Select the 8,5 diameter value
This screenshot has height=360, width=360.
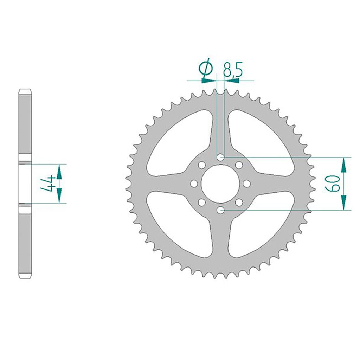[x=232, y=70]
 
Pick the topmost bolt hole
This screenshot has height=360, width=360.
[x=221, y=157]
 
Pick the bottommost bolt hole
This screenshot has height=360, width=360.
[x=221, y=210]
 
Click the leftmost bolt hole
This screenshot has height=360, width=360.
[x=194, y=184]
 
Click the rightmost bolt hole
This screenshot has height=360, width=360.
[x=247, y=184]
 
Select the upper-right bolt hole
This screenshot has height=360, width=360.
[x=239, y=165]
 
